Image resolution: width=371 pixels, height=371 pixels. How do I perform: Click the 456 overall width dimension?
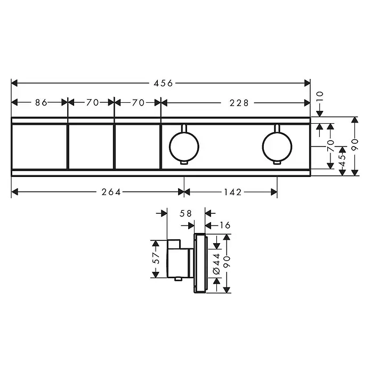click(x=163, y=83)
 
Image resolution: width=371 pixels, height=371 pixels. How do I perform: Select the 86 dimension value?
click(x=41, y=103)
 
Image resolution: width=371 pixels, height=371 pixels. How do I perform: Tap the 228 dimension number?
click(x=239, y=103)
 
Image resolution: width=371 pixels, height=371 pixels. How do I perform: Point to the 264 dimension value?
click(x=111, y=192)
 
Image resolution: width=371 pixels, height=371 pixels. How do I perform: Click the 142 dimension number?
click(x=232, y=192)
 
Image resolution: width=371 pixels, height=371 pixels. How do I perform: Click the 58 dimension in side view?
click(x=185, y=213)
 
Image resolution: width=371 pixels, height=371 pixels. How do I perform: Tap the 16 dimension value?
click(x=225, y=225)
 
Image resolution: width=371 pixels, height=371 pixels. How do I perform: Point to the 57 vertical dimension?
click(x=156, y=258)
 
